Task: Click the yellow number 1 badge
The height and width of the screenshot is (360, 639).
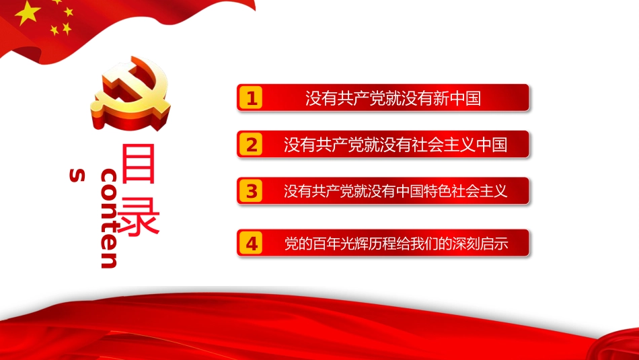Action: [252, 99]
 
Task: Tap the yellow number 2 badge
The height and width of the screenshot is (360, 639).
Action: [252, 145]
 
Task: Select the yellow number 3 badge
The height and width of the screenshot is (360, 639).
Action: [252, 191]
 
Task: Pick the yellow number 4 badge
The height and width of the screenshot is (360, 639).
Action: [252, 244]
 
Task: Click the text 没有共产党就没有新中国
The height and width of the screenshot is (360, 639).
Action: [393, 99]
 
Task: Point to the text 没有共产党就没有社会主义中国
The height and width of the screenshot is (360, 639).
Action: [395, 145]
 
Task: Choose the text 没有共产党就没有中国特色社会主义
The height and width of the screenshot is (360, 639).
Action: [395, 191]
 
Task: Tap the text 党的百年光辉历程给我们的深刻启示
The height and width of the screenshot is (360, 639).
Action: [395, 244]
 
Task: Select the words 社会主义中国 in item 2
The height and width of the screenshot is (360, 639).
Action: [463, 145]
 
